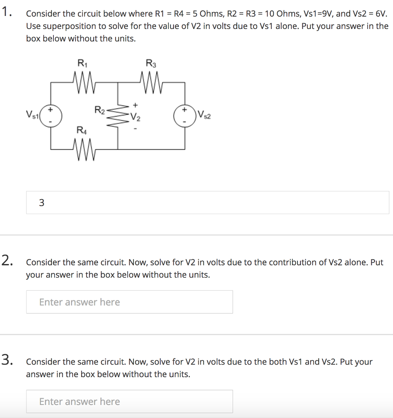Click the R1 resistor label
(82, 63)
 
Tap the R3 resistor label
(151, 63)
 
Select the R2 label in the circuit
(100, 110)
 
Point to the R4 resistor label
(82, 130)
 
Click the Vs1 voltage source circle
(51, 116)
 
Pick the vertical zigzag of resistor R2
(118, 116)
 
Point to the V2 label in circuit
(136, 119)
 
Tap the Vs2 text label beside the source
(205, 115)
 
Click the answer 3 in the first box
(42, 202)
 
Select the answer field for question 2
(129, 302)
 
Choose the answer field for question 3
(129, 401)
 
